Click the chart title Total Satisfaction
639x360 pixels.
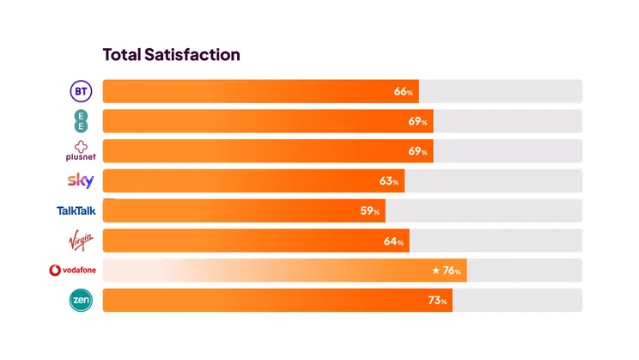coord(171,55)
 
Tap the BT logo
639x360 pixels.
coord(80,91)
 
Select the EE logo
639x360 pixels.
coord(80,120)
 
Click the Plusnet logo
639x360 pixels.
coord(80,150)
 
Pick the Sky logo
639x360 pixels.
coord(80,180)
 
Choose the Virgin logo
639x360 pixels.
coord(80,240)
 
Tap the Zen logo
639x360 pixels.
coord(80,300)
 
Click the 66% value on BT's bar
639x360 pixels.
coord(405,92)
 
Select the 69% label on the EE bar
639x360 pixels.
coord(418,122)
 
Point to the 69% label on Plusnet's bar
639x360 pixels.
coord(418,152)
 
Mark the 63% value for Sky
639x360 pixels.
coord(390,182)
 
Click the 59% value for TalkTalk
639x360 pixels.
coord(370,211)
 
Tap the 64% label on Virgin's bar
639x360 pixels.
coord(394,241)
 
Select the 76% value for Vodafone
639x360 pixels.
coord(453,272)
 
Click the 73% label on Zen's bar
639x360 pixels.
coord(438,302)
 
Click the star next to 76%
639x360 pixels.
coord(435,271)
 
